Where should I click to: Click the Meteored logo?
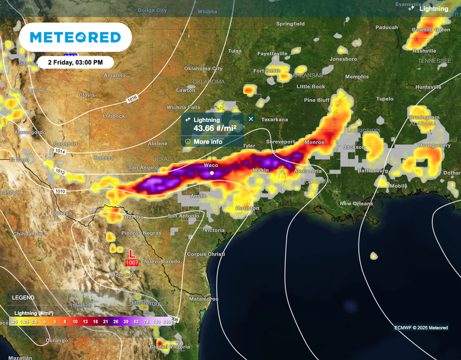(75, 37)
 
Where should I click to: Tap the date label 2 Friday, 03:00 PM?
(75, 62)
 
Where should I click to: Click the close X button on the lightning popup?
(251, 119)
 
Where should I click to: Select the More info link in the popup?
(207, 142)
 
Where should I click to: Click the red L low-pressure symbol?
(132, 254)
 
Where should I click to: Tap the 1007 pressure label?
(133, 263)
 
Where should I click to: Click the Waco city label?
(211, 166)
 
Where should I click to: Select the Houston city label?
(247, 208)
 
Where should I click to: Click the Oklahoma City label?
(203, 68)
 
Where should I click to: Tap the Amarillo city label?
(114, 76)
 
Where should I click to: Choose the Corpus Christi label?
(206, 254)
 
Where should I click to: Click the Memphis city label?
(357, 77)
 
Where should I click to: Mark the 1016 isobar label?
(131, 98)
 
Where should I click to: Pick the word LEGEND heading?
(23, 298)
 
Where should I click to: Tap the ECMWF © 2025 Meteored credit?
(421, 328)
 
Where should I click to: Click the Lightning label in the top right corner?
(433, 9)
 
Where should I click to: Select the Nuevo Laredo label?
(162, 261)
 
